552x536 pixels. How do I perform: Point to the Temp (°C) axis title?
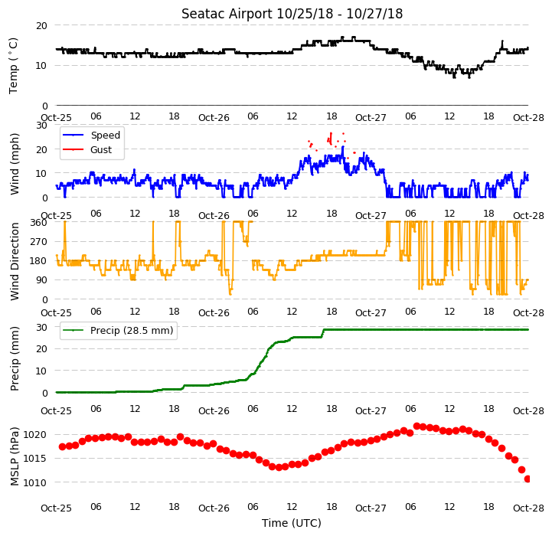tap(13, 66)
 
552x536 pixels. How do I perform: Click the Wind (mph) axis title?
tap(15, 164)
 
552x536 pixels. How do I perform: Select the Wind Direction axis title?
tap(15, 261)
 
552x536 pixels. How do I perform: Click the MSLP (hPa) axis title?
tap(15, 456)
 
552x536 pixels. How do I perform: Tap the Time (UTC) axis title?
tap(292, 523)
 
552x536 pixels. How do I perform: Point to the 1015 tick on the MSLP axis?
tap(35, 459)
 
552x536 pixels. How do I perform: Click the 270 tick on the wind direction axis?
tap(39, 242)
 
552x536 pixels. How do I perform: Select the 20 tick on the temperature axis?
tap(41, 25)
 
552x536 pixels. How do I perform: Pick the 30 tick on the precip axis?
tap(41, 327)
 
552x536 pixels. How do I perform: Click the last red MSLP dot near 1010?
tap(528, 479)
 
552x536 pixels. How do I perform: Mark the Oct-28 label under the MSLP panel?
tap(528, 508)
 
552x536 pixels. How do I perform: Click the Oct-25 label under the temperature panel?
tap(57, 117)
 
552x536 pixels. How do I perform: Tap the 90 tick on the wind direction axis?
tap(41, 280)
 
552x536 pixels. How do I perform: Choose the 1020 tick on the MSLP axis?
tap(35, 435)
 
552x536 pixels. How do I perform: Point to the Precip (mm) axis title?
tap(15, 359)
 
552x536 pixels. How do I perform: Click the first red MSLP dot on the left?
tap(62, 446)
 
